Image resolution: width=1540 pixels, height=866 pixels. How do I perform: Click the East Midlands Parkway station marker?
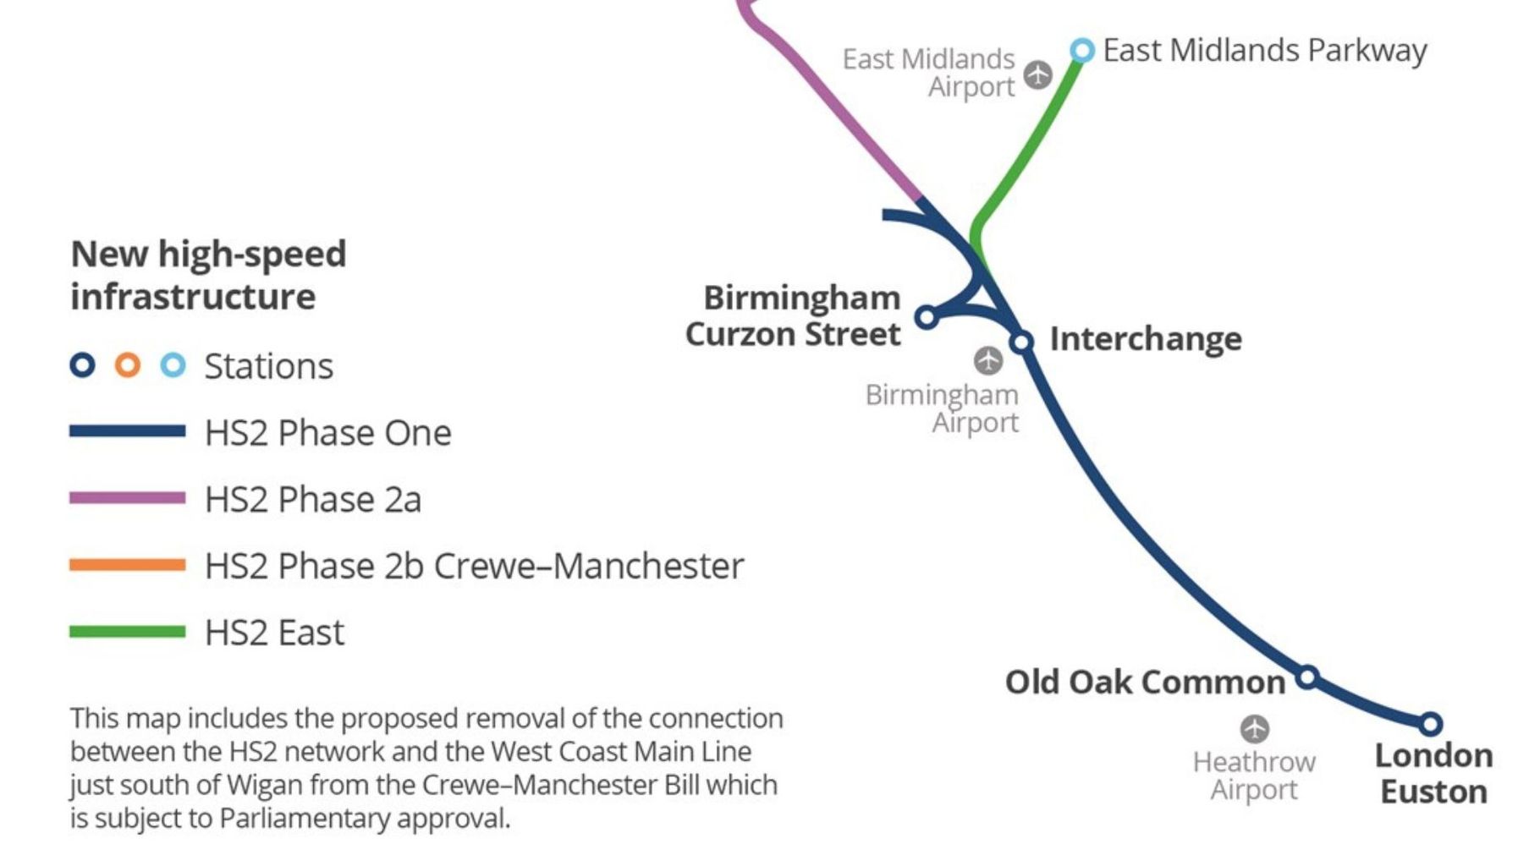point(1081,50)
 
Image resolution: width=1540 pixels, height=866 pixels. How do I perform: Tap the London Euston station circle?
point(1430,724)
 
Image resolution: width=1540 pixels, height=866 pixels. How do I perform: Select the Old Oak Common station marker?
point(1307,677)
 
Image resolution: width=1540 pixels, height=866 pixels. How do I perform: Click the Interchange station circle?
point(1022,342)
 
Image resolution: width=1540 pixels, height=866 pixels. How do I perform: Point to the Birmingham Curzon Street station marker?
point(927,317)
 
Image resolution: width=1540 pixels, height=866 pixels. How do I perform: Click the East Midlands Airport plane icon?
point(1038,74)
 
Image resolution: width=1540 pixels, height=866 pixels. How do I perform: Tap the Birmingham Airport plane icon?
point(987,360)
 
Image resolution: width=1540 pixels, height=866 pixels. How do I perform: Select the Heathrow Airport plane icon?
point(1255,728)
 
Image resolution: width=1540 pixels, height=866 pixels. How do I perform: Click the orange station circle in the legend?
point(128,365)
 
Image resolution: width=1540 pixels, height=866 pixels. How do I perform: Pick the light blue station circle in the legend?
point(173,365)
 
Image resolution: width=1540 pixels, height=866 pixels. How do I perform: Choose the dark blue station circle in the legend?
point(82,365)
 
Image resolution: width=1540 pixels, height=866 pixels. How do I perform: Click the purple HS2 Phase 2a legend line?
point(127,498)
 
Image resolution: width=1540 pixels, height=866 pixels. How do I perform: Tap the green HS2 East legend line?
point(127,632)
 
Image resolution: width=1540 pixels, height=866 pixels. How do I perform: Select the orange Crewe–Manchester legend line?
point(127,565)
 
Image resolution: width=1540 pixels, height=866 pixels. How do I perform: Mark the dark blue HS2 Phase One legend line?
point(127,431)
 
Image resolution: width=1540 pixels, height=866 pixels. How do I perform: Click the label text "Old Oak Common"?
point(1144,682)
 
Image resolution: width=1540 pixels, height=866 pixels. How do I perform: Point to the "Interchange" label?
point(1146,339)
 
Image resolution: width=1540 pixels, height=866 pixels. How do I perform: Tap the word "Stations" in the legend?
point(268,366)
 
